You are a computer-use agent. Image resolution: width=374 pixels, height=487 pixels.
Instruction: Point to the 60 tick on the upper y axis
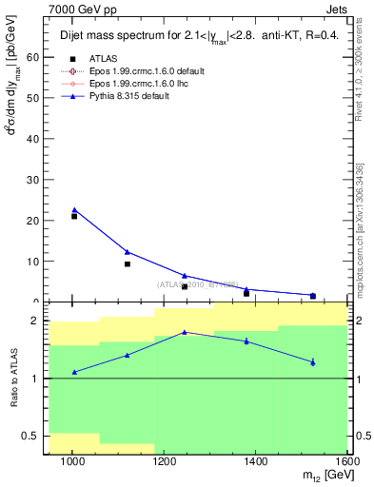(x=36, y=57)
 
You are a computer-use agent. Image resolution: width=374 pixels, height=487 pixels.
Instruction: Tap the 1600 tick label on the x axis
(x=347, y=461)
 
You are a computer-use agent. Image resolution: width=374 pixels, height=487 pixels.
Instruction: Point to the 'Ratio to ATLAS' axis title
(x=12, y=379)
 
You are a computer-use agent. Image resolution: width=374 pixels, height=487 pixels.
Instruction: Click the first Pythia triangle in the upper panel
(x=74, y=210)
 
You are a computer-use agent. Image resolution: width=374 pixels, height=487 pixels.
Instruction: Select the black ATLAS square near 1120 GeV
(x=128, y=263)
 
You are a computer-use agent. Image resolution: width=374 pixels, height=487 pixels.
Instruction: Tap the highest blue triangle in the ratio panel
(x=185, y=332)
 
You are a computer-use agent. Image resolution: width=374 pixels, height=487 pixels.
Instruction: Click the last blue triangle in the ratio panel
(x=313, y=361)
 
